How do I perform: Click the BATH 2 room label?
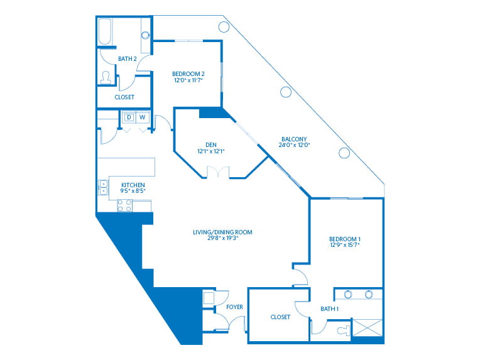click(x=128, y=59)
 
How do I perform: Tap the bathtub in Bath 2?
click(x=105, y=31)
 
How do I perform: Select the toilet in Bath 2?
click(x=106, y=78)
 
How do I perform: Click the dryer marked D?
click(x=129, y=117)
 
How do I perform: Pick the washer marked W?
click(x=143, y=117)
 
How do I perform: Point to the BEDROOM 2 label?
click(x=188, y=74)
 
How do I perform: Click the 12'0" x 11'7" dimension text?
click(x=188, y=80)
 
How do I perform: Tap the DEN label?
click(x=211, y=145)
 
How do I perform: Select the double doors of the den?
click(x=218, y=172)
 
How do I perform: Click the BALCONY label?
click(x=294, y=139)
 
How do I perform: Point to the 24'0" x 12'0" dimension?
click(x=294, y=145)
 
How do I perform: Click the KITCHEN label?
click(x=133, y=185)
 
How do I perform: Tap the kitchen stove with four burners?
click(x=125, y=205)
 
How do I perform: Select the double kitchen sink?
click(x=104, y=187)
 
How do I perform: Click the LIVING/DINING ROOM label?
click(x=222, y=232)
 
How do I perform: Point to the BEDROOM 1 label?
click(x=345, y=239)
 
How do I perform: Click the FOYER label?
click(x=234, y=307)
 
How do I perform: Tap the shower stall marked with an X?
click(x=368, y=328)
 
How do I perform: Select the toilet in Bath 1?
click(x=344, y=330)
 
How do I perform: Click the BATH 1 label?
click(x=329, y=309)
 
